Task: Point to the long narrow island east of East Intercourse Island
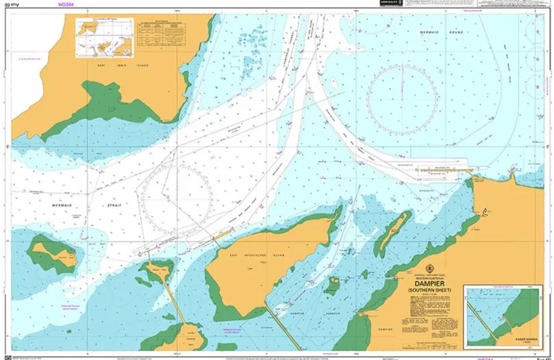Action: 393,229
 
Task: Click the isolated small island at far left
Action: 55,253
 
